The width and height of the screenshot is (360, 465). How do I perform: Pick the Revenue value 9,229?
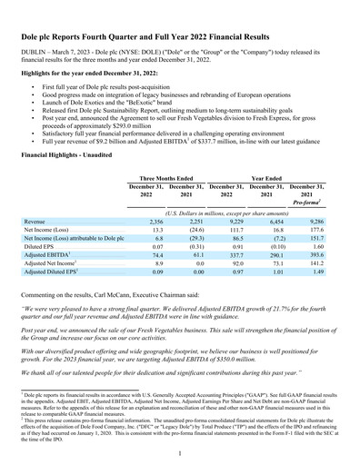tap(235, 221)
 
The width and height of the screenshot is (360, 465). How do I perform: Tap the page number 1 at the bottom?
tap(180, 452)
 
